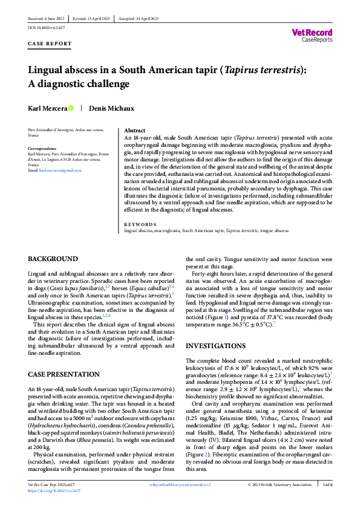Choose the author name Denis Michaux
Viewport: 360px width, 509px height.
[111, 108]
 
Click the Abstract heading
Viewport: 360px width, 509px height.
[134, 130]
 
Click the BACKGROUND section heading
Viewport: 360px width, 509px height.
[53, 259]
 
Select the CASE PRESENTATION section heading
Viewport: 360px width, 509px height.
[65, 375]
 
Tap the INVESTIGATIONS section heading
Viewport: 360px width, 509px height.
[217, 346]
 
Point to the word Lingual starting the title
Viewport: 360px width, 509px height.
[47, 70]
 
